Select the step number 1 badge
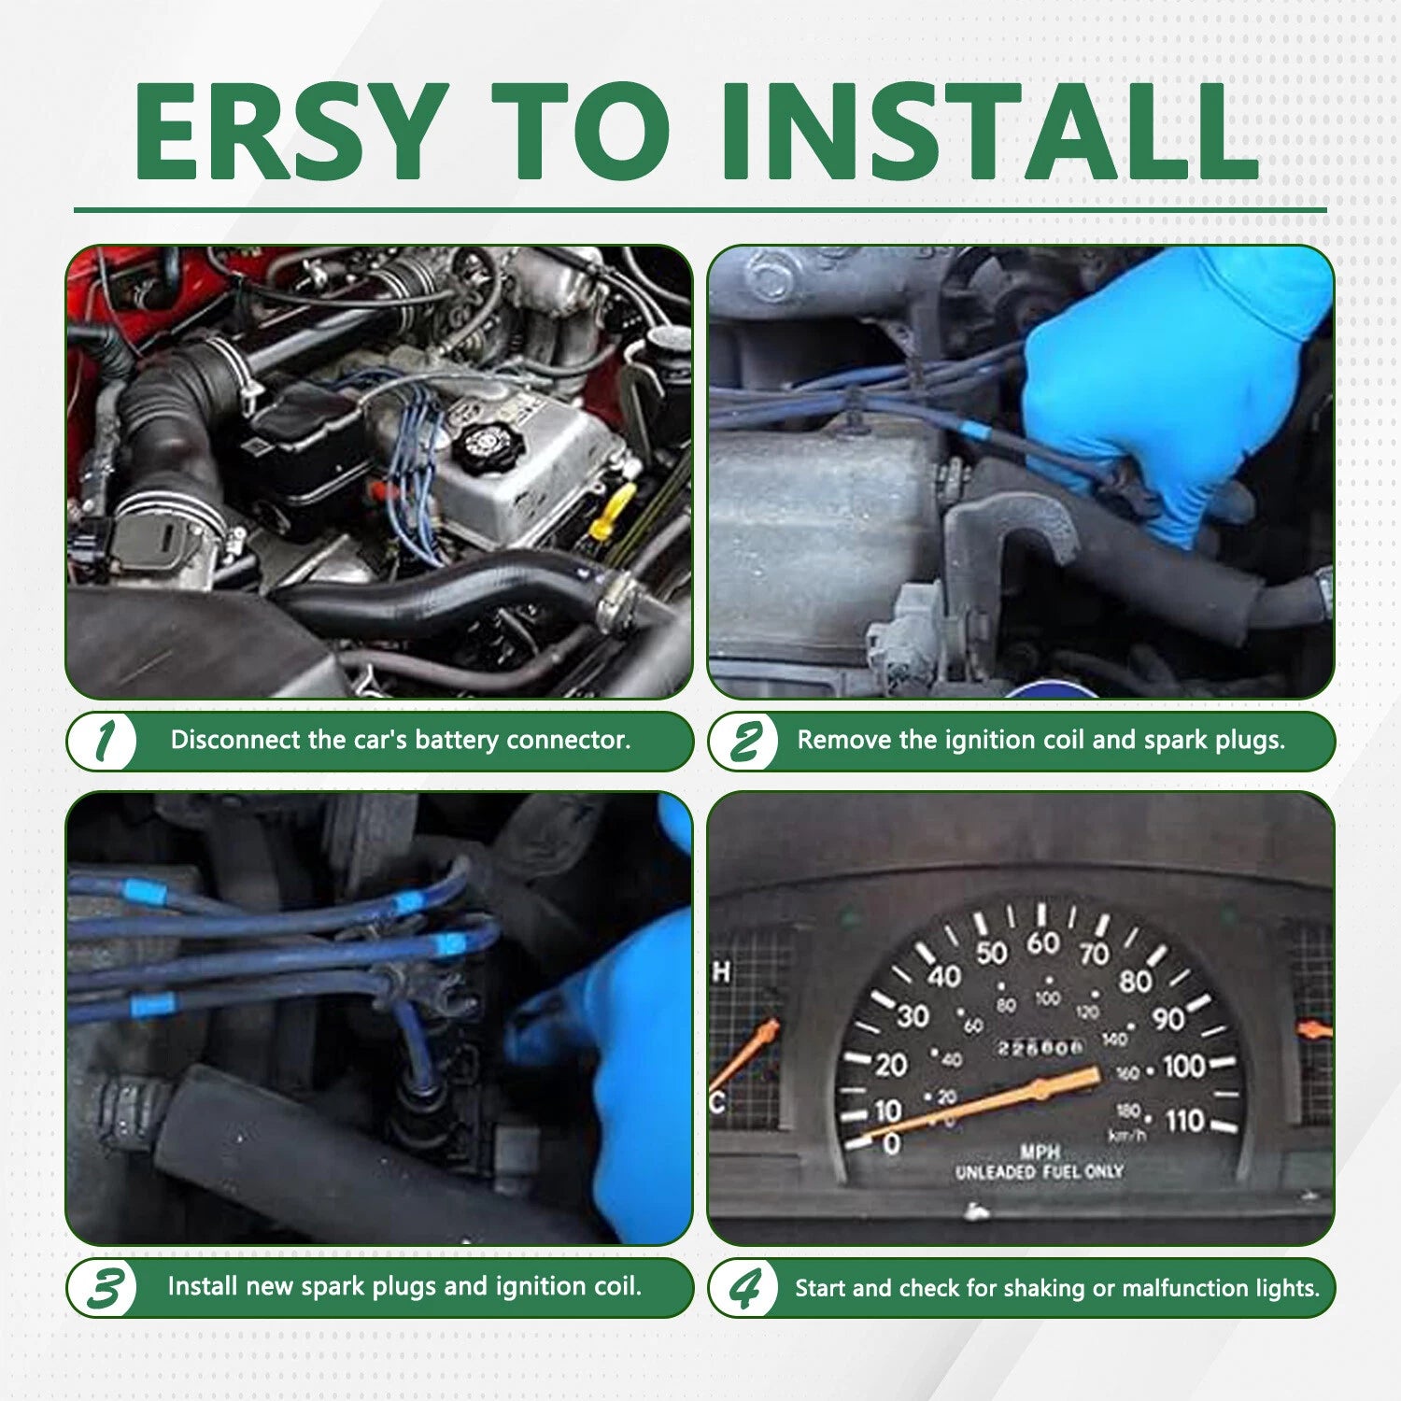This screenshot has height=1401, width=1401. click(104, 742)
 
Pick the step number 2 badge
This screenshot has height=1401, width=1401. click(744, 742)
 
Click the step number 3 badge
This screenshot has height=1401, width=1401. click(104, 1288)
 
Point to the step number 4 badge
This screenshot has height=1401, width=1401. click(744, 1288)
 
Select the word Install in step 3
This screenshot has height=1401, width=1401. click(203, 1286)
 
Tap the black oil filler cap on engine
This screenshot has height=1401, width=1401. click(484, 446)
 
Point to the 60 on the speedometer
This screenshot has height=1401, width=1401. click(1042, 943)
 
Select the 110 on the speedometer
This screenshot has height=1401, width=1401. click(1185, 1120)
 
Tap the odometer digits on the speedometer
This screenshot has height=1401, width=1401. click(1040, 1047)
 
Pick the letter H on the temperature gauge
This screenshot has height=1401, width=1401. click(722, 973)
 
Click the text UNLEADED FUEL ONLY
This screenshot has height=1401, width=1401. click(1039, 1171)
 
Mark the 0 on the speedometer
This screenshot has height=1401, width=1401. click(891, 1143)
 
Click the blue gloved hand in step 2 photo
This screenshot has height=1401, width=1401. click(1172, 392)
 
